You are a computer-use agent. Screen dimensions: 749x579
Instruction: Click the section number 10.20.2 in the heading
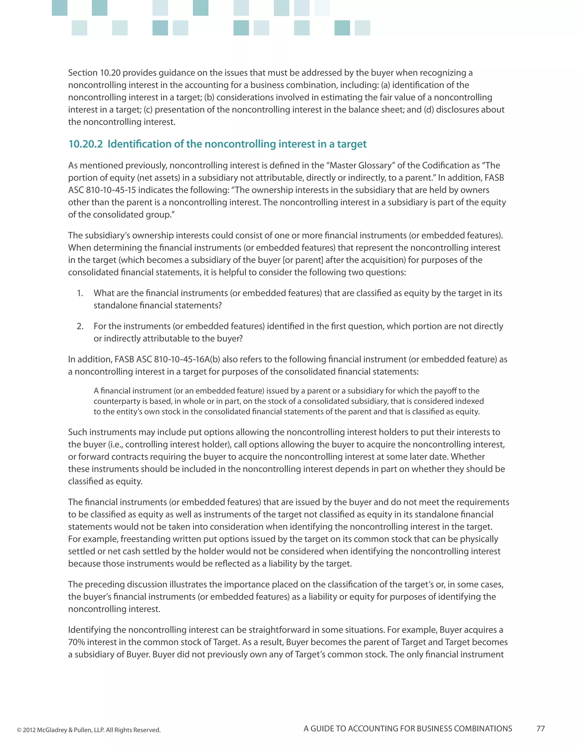85,144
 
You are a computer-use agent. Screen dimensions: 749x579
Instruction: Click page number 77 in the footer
541,728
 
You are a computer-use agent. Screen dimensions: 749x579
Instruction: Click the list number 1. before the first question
80,293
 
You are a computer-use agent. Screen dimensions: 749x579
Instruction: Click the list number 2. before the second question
80,326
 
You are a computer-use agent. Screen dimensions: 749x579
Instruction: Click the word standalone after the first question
115,306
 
